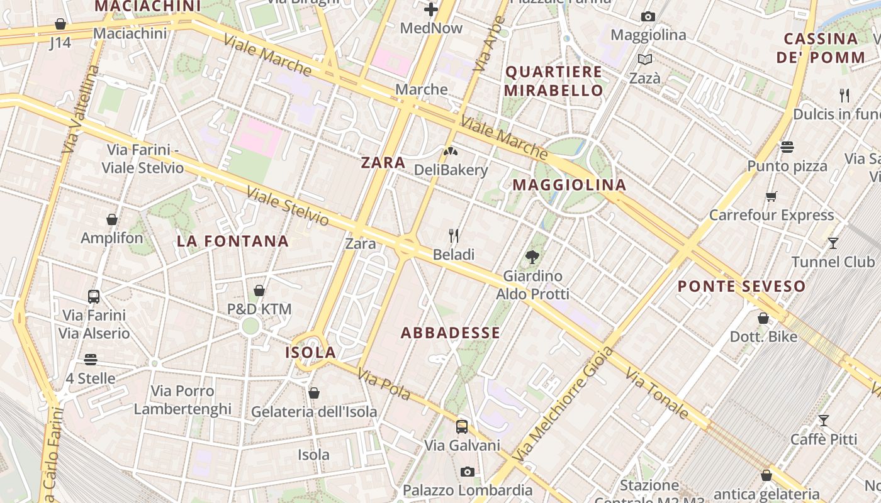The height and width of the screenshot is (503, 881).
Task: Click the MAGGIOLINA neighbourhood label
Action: coord(570,185)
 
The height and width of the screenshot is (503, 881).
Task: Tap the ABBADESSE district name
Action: coord(451,333)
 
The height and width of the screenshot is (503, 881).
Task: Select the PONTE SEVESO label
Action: coord(741,287)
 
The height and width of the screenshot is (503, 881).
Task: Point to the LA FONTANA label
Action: coord(233,241)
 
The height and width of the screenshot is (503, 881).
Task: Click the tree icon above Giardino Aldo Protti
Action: coord(532,257)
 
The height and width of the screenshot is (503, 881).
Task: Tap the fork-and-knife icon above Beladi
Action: coord(454,236)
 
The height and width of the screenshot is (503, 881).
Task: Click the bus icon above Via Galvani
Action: coord(462,427)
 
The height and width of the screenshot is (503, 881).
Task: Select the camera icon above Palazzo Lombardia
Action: coord(467,472)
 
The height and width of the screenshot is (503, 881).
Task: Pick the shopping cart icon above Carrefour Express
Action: coord(772,196)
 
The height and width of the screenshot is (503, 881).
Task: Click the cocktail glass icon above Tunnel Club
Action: coord(833,243)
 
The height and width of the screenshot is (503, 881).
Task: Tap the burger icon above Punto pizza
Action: coord(787,147)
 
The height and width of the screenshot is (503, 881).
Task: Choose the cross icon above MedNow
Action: coord(431,9)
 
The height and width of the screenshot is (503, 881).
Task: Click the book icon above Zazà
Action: coord(645,59)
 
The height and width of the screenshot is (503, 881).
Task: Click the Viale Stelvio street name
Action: coord(288,206)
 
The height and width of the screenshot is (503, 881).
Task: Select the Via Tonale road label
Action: coord(657,394)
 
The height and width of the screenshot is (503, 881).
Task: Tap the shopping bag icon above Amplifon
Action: coord(112,219)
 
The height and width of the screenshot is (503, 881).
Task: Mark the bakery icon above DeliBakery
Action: coord(451,151)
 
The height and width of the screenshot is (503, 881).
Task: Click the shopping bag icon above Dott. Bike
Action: coord(763,318)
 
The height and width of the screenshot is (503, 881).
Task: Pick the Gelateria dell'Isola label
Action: coord(314,412)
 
